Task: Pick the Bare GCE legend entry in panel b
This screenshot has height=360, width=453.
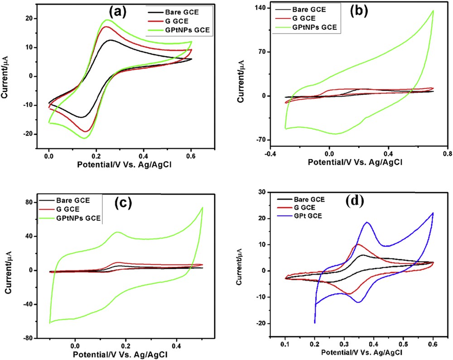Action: (322, 9)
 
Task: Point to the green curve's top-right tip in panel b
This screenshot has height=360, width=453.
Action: (433, 10)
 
